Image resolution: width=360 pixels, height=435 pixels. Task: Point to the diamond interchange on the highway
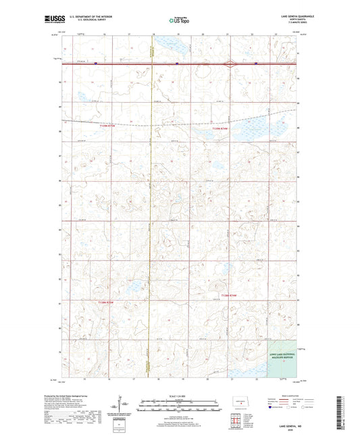pos(232,65)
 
